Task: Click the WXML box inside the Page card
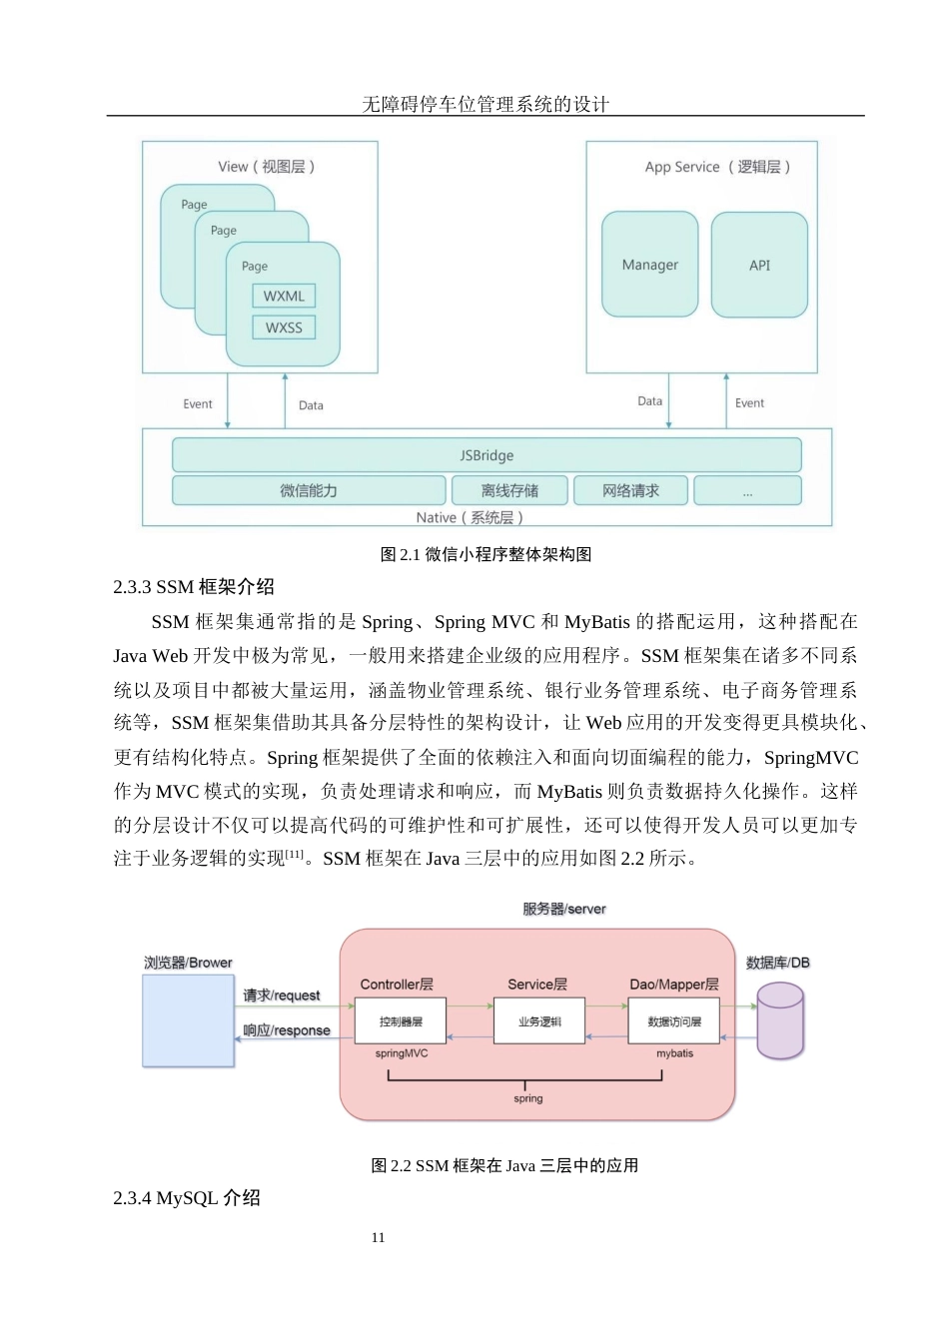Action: [x=284, y=296]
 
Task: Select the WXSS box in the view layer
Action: [x=284, y=328]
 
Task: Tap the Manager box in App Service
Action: [x=649, y=265]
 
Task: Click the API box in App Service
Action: [x=759, y=265]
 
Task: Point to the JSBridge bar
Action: [x=486, y=455]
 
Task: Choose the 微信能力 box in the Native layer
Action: [x=309, y=490]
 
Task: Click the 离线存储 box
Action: [x=509, y=490]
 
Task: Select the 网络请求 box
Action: [x=630, y=490]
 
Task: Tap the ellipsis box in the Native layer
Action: [x=747, y=491]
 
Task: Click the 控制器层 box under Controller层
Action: [x=401, y=1021]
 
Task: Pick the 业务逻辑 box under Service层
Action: [x=539, y=1021]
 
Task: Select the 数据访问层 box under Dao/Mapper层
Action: [x=674, y=1021]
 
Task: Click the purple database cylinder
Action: [x=780, y=1020]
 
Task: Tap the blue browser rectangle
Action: [x=188, y=1020]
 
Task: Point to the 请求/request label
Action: [x=282, y=996]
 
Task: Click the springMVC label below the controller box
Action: [x=402, y=1053]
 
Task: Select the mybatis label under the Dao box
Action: [x=674, y=1053]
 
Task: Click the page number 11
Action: [x=378, y=1237]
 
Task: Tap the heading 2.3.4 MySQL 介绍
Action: [x=187, y=1197]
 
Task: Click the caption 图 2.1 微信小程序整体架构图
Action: [x=485, y=554]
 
